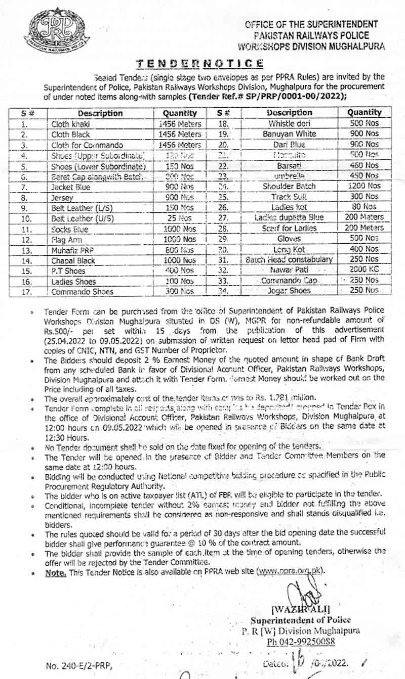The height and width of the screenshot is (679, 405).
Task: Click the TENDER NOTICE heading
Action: point(200,63)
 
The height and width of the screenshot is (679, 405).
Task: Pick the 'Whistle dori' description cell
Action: point(289,123)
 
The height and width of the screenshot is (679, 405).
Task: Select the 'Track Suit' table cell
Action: point(289,196)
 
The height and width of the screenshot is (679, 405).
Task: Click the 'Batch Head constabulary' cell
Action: point(289,259)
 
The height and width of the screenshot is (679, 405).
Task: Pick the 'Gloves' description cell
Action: point(289,238)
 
